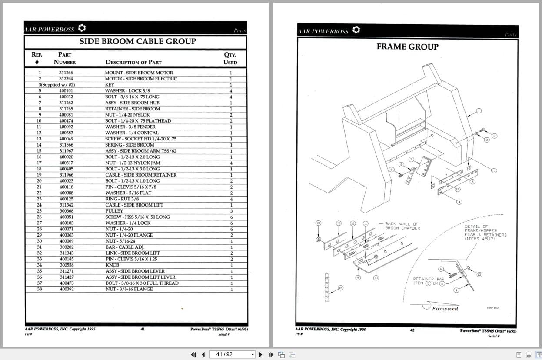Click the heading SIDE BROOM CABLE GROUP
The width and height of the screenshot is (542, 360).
[137, 42]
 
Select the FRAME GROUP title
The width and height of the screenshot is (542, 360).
[407, 47]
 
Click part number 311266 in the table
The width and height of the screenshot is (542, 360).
[66, 73]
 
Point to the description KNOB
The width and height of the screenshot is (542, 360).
[112, 265]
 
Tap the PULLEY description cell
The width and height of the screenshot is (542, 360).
[114, 211]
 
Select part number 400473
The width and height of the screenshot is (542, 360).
[66, 283]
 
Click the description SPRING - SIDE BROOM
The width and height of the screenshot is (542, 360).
[130, 145]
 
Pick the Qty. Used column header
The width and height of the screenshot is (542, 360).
[230, 59]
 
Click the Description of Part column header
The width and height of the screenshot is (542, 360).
[133, 62]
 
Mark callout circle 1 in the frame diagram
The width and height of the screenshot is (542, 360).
[479, 111]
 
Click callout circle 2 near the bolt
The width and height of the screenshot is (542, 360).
[494, 136]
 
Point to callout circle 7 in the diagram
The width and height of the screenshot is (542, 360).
[411, 160]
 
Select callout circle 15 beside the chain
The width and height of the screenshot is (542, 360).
[340, 288]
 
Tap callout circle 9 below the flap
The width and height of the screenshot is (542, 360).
[358, 277]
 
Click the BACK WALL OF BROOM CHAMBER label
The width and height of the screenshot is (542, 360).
[402, 226]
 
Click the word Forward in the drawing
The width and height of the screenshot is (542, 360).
[445, 309]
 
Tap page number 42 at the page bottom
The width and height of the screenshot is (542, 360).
[412, 330]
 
